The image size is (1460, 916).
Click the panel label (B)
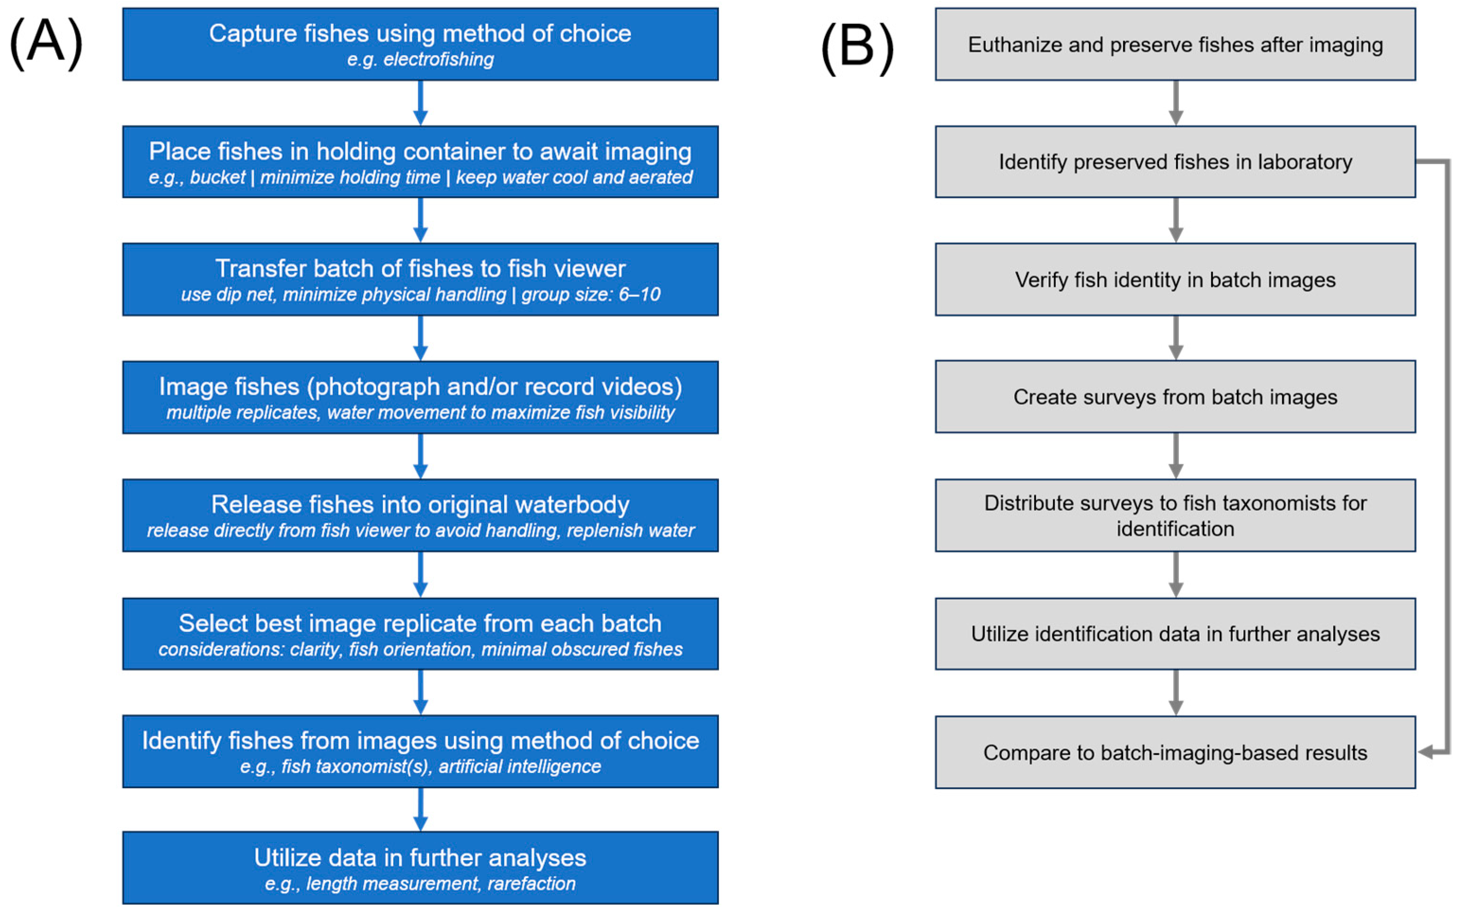[x=858, y=48]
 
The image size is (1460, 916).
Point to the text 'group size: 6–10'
[x=591, y=295]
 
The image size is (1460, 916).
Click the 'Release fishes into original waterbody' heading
[x=420, y=505]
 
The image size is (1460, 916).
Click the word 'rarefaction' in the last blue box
[x=531, y=884]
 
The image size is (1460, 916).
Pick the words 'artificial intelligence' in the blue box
[x=520, y=767]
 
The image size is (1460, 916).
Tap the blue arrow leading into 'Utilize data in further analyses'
[x=421, y=809]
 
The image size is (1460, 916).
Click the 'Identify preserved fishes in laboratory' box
[x=1175, y=162]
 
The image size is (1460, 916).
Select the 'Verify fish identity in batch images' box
[x=1175, y=280]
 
